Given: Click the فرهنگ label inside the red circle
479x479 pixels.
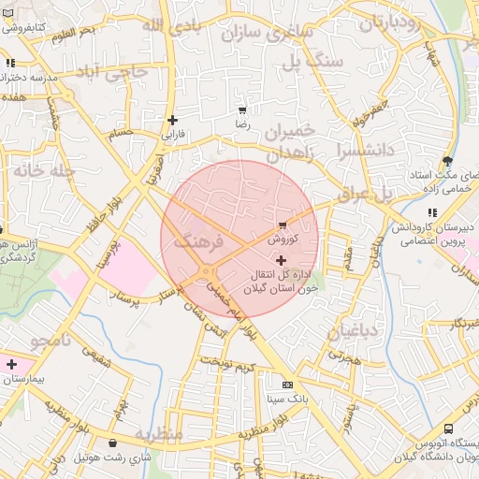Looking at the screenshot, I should pyautogui.click(x=198, y=241).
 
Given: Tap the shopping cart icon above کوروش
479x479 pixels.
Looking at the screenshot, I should pyautogui.click(x=283, y=225).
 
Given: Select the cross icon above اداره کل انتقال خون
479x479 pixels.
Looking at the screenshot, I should pyautogui.click(x=281, y=259).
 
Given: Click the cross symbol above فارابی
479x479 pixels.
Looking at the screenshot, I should pyautogui.click(x=172, y=120).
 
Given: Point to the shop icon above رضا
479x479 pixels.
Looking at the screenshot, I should pyautogui.click(x=242, y=110).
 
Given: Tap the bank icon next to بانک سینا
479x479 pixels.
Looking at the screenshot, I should pyautogui.click(x=287, y=385).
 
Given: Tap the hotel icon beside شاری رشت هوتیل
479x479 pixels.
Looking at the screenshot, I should pyautogui.click(x=113, y=443).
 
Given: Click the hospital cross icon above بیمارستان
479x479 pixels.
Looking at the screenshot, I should pyautogui.click(x=11, y=364).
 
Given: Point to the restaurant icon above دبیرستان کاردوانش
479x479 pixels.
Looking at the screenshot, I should pyautogui.click(x=431, y=212).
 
